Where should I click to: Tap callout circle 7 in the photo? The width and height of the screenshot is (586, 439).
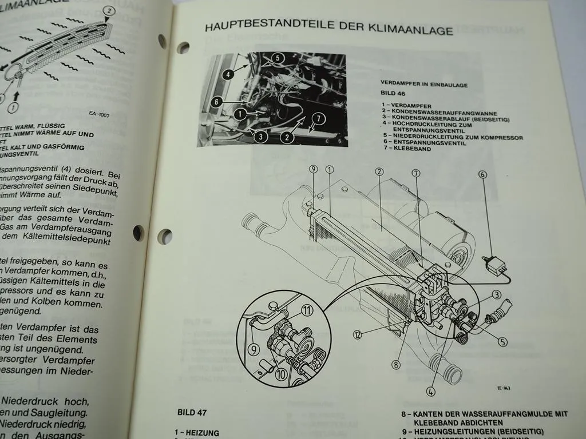[318, 118]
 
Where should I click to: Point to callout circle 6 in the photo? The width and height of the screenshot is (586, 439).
[215, 102]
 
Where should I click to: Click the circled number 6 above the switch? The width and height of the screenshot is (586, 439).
[482, 175]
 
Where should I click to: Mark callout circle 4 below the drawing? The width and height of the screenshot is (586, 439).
[430, 392]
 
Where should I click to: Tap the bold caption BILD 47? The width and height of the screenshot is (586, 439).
[192, 412]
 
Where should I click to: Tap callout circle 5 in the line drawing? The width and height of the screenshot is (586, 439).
[502, 342]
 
